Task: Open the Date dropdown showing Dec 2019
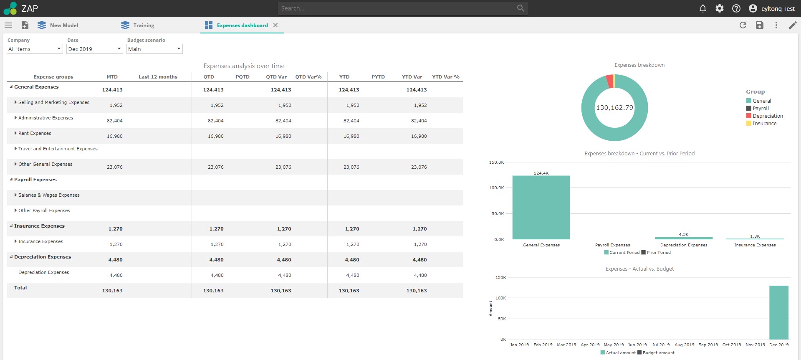coord(94,49)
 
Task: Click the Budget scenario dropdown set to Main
coord(154,49)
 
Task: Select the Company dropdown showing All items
coord(35,49)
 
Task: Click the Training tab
coord(143,25)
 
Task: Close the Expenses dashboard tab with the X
coord(275,25)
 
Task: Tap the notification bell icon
coord(703,8)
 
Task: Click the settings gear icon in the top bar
coord(720,8)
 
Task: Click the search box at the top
coord(397,8)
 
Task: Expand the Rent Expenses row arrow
coord(15,133)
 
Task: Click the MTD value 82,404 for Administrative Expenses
coord(115,121)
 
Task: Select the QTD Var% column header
coord(308,77)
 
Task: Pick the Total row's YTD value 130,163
coord(349,291)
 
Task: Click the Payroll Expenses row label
coord(35,180)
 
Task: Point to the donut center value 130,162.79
coord(614,108)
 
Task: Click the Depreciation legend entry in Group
coord(767,116)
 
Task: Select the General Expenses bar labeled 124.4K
coord(541,208)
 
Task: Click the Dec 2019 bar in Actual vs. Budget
coord(778,312)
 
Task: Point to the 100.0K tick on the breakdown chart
coord(497,188)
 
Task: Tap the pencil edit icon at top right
coord(793,25)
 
